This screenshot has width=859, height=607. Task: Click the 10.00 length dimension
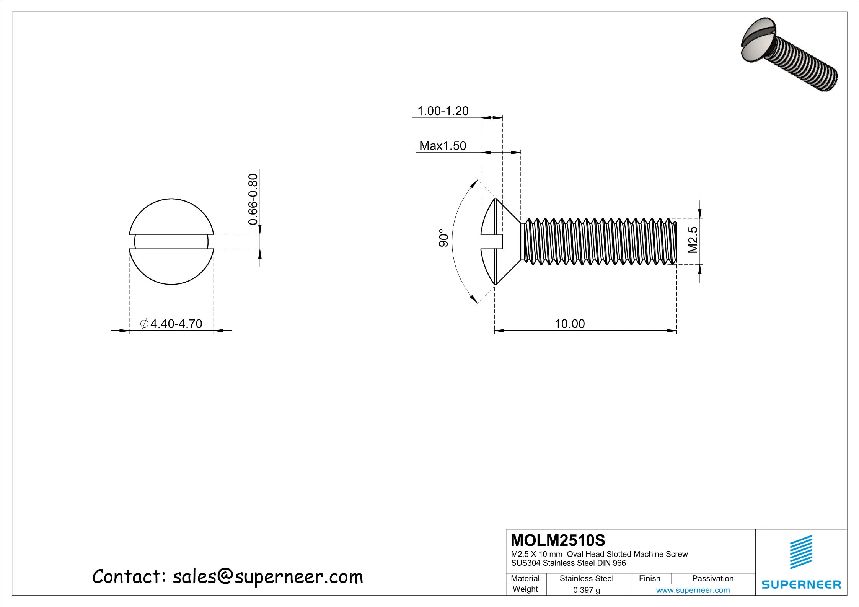pyautogui.click(x=569, y=324)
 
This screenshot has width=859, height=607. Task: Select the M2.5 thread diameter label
pyautogui.click(x=693, y=240)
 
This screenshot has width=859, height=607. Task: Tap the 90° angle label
pyautogui.click(x=443, y=238)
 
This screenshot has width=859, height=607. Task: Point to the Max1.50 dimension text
pyautogui.click(x=443, y=146)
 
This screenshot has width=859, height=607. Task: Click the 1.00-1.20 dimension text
pyautogui.click(x=443, y=111)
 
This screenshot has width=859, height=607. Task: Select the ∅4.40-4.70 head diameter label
pyautogui.click(x=171, y=324)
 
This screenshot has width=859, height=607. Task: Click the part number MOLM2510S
pyautogui.click(x=558, y=540)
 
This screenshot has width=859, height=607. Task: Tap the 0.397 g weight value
pyautogui.click(x=586, y=590)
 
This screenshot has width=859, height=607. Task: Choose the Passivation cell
pyautogui.click(x=712, y=578)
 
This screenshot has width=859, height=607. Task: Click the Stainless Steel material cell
pyautogui.click(x=586, y=578)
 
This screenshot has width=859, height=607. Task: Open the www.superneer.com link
pyautogui.click(x=693, y=590)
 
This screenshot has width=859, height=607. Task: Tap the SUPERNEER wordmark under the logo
pyautogui.click(x=801, y=584)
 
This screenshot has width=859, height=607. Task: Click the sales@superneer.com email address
pyautogui.click(x=267, y=577)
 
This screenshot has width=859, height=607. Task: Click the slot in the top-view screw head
pyautogui.click(x=171, y=242)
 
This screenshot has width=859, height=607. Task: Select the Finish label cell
pyautogui.click(x=650, y=578)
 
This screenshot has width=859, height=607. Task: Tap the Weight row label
pyautogui.click(x=525, y=589)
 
